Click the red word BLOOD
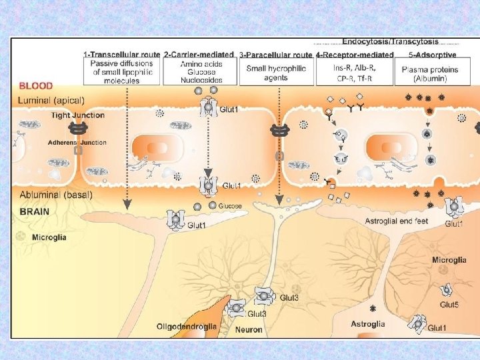tap(35, 86)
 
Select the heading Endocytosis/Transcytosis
tap(390, 41)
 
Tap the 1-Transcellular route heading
tap(122, 53)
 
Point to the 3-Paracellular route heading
tap(275, 53)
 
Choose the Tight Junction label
tap(77, 115)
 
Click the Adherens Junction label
tap(77, 142)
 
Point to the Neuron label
tap(248, 329)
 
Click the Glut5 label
tap(449, 305)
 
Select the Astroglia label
tap(367, 324)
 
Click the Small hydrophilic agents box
tap(276, 73)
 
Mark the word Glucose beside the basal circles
tap(230, 207)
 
